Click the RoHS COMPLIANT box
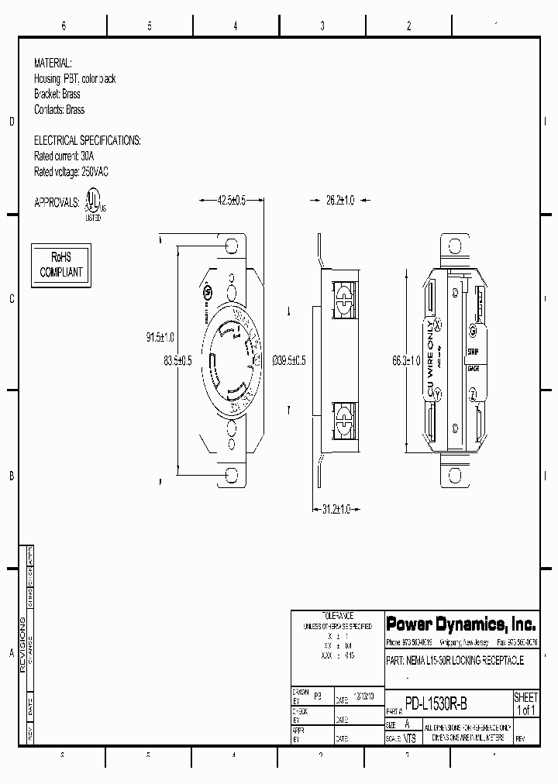click(x=60, y=265)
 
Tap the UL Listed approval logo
click(x=93, y=205)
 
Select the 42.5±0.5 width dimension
click(x=231, y=200)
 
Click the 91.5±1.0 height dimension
click(x=161, y=337)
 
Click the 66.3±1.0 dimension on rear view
click(x=406, y=360)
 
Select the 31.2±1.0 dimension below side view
click(x=336, y=509)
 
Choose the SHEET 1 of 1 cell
click(x=525, y=703)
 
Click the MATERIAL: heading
click(x=53, y=62)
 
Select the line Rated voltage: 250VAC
click(x=71, y=171)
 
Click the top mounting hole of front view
click(x=230, y=246)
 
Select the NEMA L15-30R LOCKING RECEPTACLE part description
click(x=455, y=660)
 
